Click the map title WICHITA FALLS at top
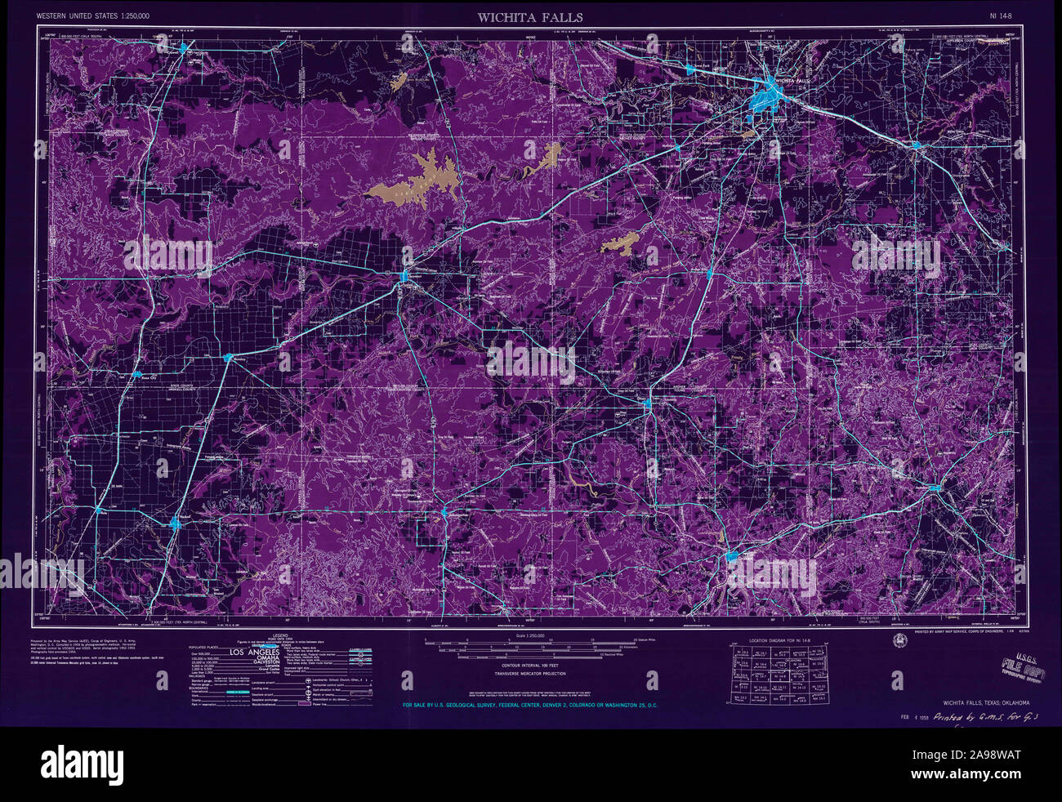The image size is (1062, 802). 530,16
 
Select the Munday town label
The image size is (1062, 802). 239,357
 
